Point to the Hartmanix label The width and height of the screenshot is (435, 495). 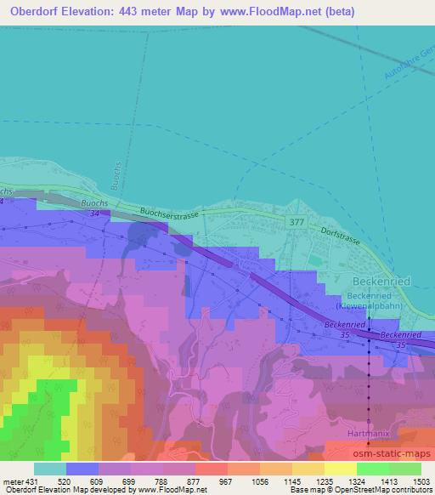(368, 434)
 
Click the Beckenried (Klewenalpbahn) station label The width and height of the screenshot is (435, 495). (364, 299)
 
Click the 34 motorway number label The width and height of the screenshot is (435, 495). (96, 213)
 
